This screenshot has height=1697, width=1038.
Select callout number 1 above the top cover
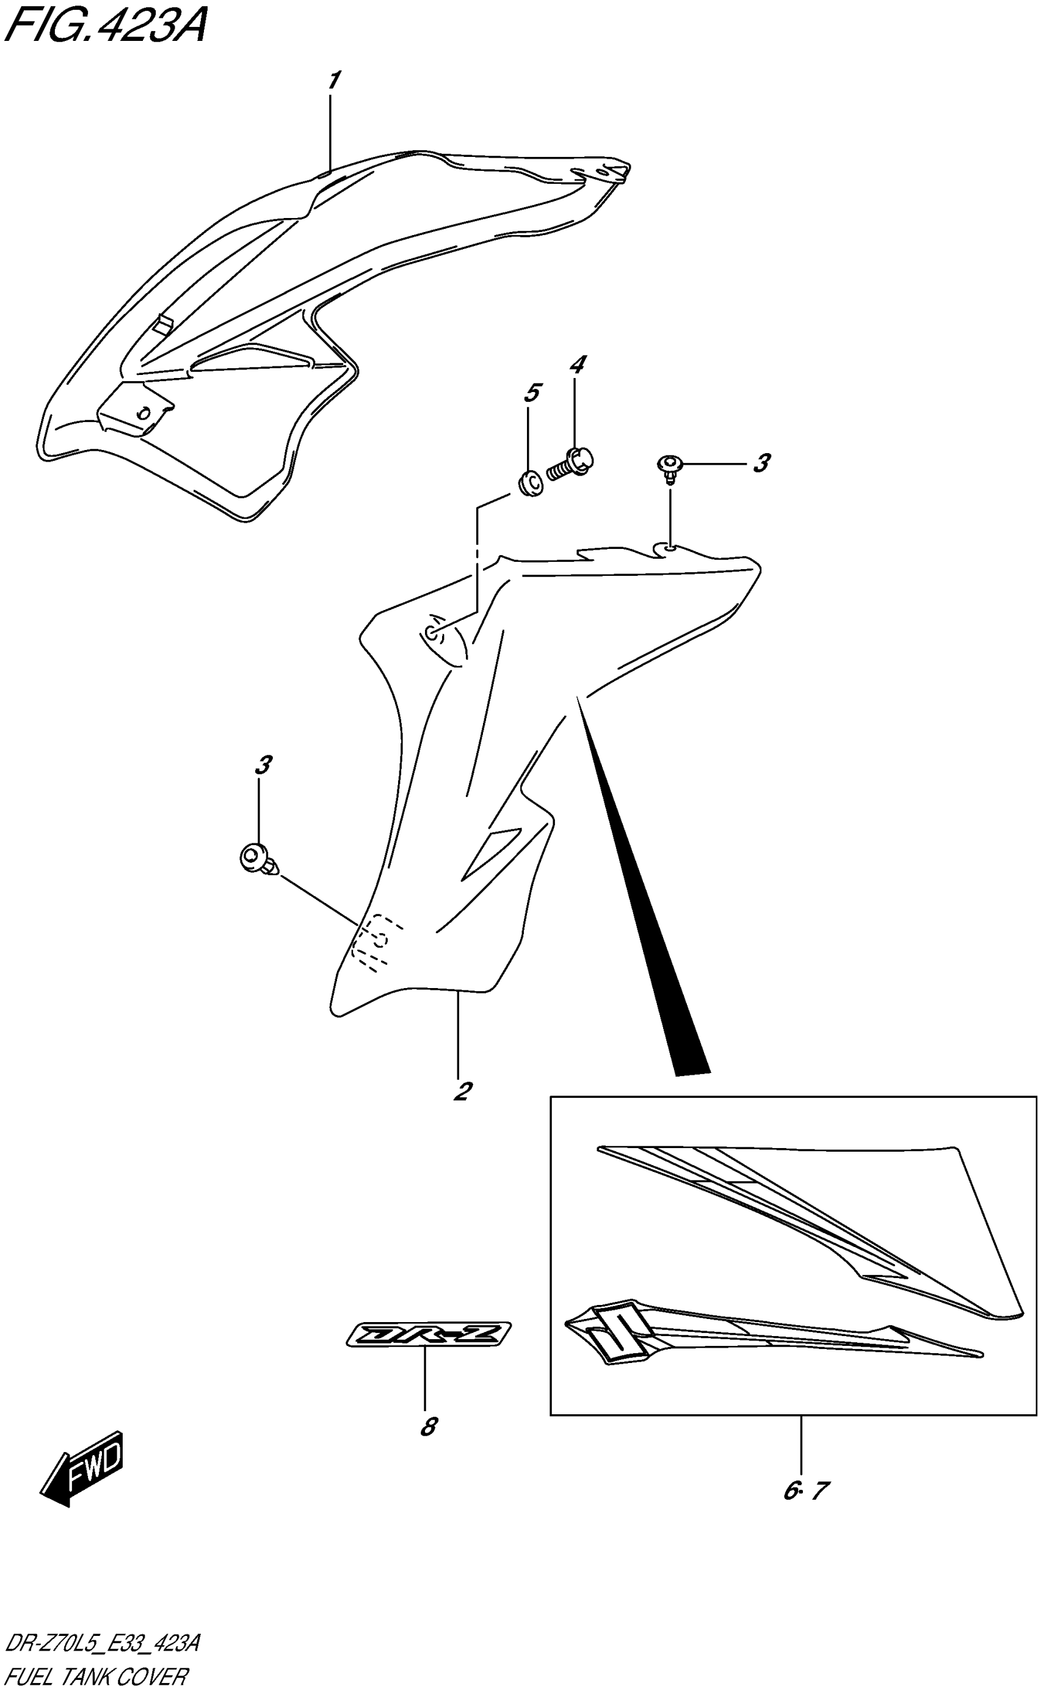tap(333, 81)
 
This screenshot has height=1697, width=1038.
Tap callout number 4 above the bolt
tap(577, 365)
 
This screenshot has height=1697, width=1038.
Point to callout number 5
tap(531, 393)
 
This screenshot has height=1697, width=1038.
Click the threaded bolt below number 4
tap(571, 463)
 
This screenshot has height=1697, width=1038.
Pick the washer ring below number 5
tap(531, 484)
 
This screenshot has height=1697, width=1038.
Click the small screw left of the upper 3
tap(667, 467)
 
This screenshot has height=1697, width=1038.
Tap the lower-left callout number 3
tap(263, 765)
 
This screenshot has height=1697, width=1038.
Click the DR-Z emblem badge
tap(429, 1334)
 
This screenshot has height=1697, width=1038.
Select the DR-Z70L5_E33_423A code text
tap(102, 1644)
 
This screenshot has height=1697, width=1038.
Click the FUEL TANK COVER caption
tap(95, 1677)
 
